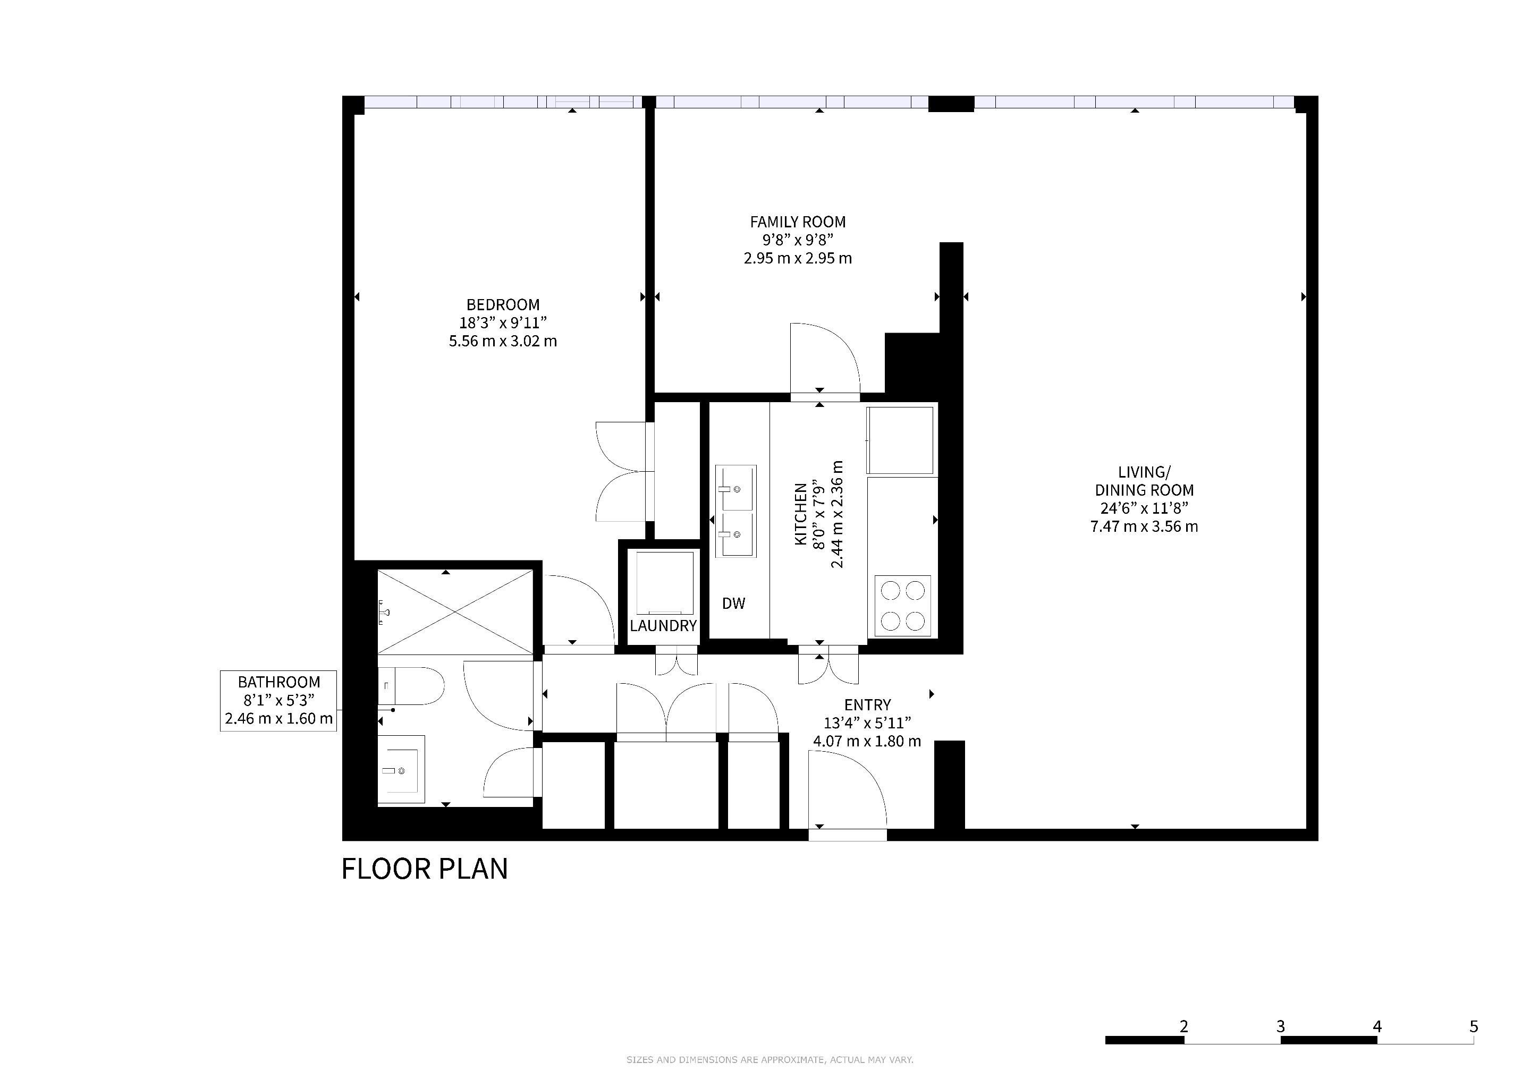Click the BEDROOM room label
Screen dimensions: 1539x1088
(x=503, y=305)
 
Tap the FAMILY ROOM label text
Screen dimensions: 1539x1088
(x=798, y=222)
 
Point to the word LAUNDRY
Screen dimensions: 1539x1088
(x=663, y=626)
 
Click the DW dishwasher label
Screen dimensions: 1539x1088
(x=733, y=603)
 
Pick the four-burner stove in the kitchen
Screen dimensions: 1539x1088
(x=902, y=606)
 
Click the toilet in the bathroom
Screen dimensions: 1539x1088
(x=411, y=686)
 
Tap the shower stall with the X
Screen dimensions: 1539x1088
(x=455, y=611)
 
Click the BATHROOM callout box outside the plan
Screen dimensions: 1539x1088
(x=278, y=701)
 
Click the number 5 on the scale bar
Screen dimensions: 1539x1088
(x=1473, y=1026)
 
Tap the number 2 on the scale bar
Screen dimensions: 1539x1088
(x=1183, y=1026)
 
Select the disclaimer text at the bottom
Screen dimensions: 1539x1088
(x=769, y=1060)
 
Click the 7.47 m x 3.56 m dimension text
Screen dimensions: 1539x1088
(x=1144, y=526)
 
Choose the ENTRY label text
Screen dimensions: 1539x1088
(x=867, y=705)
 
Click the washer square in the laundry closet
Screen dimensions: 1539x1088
(x=664, y=583)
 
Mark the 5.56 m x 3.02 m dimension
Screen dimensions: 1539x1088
(x=503, y=341)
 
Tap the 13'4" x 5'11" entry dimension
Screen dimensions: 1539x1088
(x=867, y=723)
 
